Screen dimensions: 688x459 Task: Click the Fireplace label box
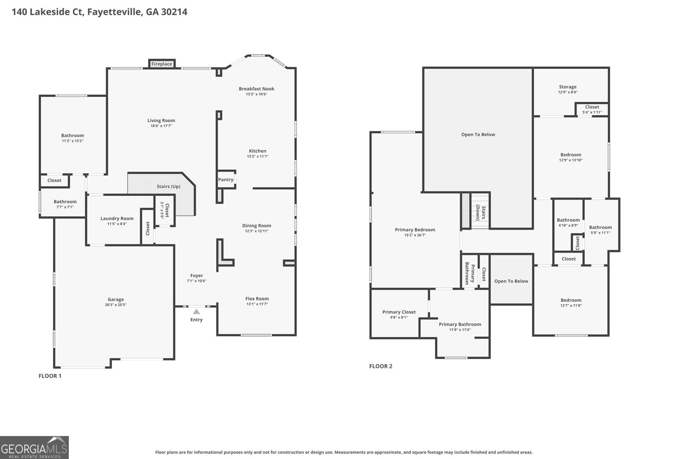click(x=162, y=64)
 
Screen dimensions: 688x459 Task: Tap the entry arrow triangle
click(x=196, y=311)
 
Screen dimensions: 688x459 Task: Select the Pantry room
click(x=226, y=179)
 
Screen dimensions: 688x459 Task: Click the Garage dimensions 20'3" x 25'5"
click(x=116, y=305)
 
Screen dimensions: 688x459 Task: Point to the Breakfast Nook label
click(x=256, y=89)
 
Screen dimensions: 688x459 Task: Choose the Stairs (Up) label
click(x=168, y=187)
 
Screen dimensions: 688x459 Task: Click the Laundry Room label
click(x=117, y=219)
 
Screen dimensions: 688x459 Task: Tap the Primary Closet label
click(x=399, y=312)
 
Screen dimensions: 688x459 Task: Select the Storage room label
click(x=568, y=87)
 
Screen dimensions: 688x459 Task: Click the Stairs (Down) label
click(x=481, y=213)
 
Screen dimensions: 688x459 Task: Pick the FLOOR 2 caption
click(x=381, y=366)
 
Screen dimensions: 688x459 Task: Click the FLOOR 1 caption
click(x=50, y=376)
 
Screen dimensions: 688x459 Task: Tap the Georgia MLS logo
click(x=34, y=447)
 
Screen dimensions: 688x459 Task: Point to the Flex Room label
click(x=257, y=299)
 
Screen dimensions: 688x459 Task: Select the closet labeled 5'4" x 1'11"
click(x=592, y=109)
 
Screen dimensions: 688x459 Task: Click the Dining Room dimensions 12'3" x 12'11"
click(x=257, y=231)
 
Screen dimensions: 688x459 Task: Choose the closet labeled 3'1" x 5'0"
click(x=165, y=210)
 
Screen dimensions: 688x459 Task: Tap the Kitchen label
click(x=258, y=151)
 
